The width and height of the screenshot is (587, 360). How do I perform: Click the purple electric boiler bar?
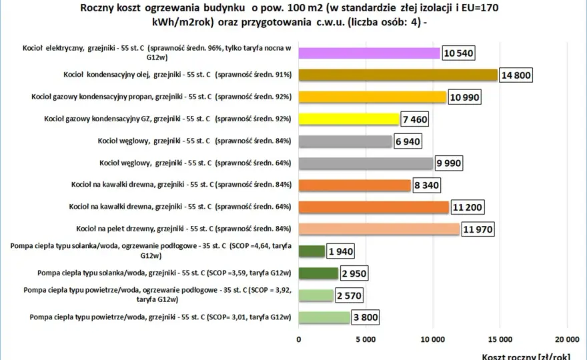(369, 53)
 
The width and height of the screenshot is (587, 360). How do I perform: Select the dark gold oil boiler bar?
(398, 75)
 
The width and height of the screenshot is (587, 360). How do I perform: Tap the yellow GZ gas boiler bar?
(349, 119)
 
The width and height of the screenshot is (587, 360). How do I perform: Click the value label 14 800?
(516, 75)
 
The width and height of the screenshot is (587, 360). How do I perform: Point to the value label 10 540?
(458, 53)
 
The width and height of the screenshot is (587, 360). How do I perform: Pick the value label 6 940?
(408, 141)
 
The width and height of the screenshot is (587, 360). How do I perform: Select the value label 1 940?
(340, 251)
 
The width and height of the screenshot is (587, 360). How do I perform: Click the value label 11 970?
(478, 229)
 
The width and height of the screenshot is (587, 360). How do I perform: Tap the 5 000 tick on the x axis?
(366, 339)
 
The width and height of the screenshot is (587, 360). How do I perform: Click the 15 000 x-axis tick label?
(500, 339)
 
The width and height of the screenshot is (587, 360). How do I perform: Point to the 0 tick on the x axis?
(298, 339)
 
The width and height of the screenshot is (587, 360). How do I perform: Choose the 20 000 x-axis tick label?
(567, 339)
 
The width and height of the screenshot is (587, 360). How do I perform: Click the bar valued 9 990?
(366, 163)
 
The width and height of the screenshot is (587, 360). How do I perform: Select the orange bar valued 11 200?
(374, 207)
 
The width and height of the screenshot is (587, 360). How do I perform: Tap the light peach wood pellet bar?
(379, 229)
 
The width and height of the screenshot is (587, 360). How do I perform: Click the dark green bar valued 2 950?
(318, 273)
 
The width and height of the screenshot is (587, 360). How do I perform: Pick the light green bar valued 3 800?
(324, 317)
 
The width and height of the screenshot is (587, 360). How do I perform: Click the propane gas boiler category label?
(161, 97)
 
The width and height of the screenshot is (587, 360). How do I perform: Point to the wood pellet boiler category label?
(183, 229)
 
